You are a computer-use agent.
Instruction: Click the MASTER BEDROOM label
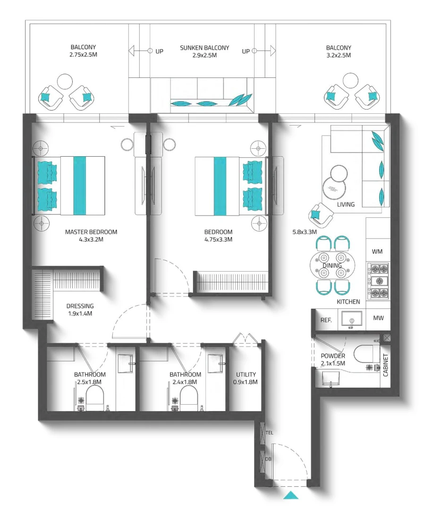point(91,232)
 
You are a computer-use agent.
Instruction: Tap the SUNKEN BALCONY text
point(204,48)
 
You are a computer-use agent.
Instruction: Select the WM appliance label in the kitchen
point(377,252)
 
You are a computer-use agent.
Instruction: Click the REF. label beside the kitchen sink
point(326,320)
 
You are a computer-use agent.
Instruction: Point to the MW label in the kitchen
point(378,318)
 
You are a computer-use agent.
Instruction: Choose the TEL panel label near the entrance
point(270,433)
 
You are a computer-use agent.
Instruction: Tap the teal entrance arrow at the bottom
point(291,495)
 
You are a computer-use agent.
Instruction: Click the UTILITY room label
point(246,374)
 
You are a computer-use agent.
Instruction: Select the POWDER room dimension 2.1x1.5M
point(333,363)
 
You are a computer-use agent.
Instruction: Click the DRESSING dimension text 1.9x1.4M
point(80,314)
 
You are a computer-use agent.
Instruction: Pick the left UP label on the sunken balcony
point(160,51)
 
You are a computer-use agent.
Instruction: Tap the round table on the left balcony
point(66,81)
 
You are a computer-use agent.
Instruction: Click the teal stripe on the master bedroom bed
point(80,185)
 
